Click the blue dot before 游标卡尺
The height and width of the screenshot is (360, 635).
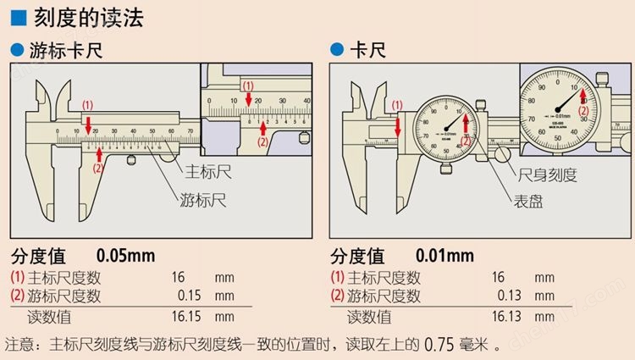15,51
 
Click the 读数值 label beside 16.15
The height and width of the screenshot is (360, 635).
51,316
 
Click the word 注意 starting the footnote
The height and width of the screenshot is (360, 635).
19,345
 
